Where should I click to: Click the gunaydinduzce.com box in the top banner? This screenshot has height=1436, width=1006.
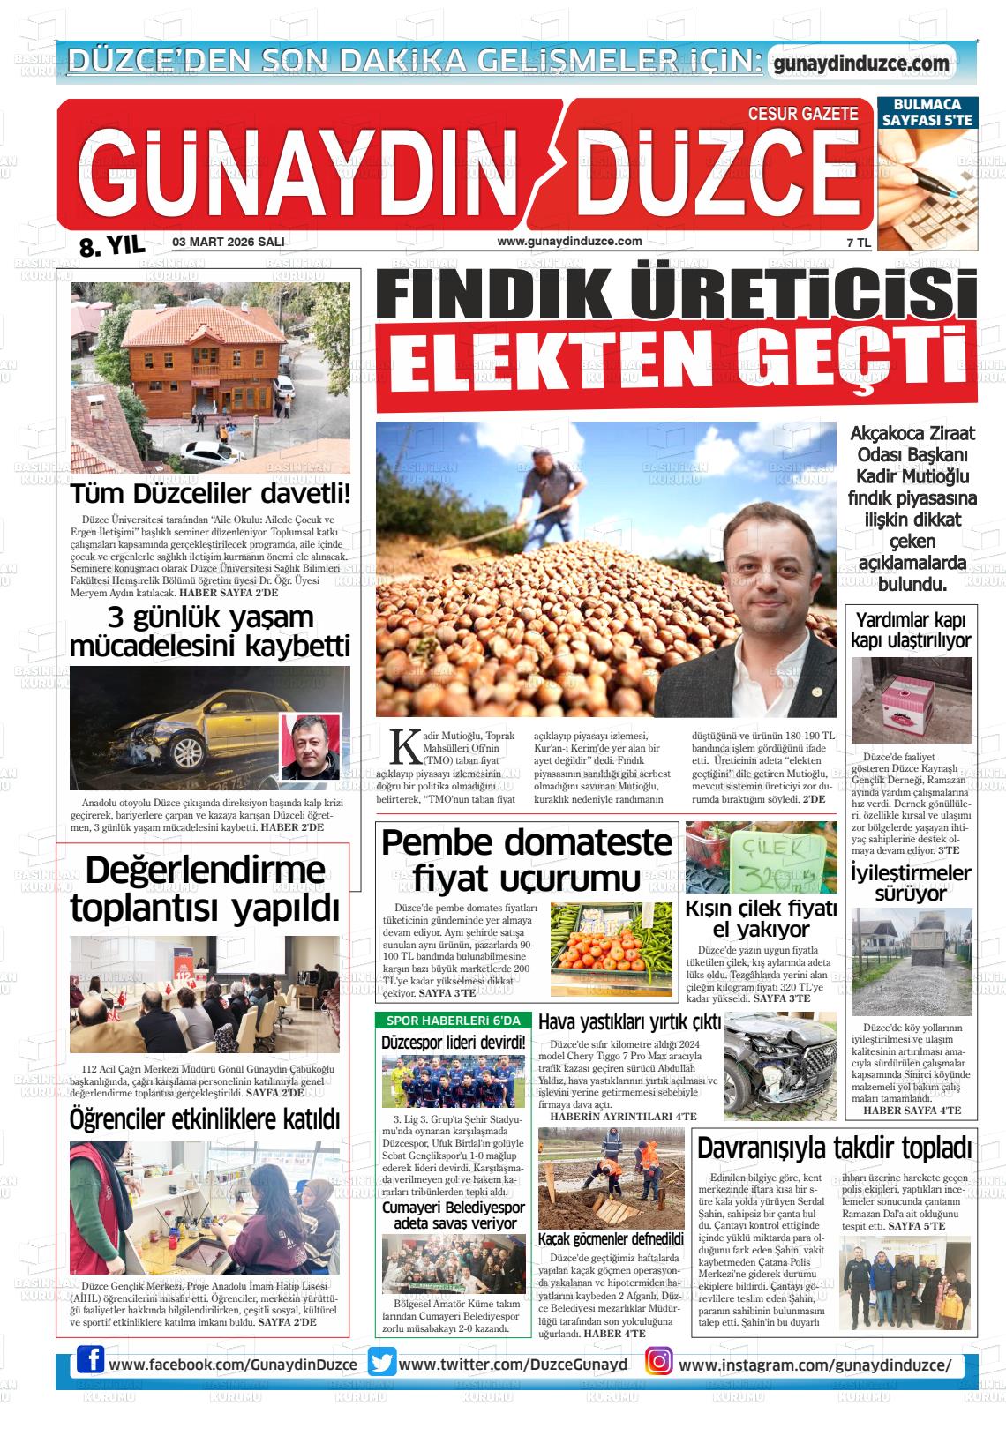[860, 64]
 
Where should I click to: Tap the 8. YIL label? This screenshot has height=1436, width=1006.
[111, 246]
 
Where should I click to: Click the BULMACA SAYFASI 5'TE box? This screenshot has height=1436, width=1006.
[927, 112]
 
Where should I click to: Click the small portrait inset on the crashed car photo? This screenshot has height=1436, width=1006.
[310, 746]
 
